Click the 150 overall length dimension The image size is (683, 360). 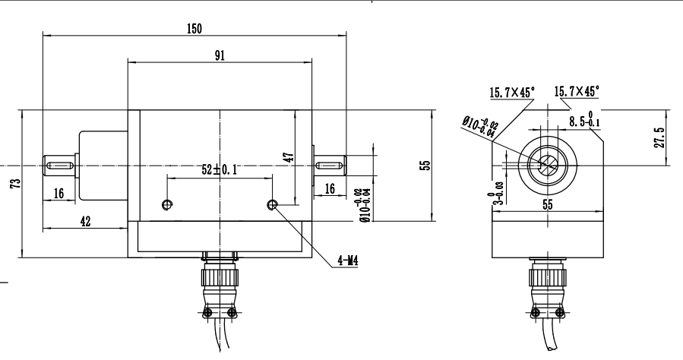194,28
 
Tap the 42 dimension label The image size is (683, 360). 85,221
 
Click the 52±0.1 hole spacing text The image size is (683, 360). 219,170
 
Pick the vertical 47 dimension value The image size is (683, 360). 288,158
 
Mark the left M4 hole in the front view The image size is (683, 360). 167,204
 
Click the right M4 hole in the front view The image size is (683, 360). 272,204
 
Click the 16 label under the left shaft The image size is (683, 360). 58,194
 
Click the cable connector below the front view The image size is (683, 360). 220,285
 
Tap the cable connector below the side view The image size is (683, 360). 546,285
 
